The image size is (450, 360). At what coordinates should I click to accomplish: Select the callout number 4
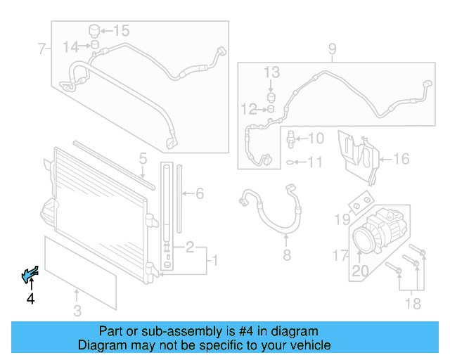[30, 300]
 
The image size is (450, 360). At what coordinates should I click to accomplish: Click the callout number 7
[41, 49]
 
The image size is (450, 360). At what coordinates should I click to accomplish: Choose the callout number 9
[332, 49]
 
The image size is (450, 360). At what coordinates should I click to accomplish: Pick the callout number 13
[271, 72]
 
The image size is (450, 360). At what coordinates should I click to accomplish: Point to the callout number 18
[413, 303]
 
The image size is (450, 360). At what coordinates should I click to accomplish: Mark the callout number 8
[286, 255]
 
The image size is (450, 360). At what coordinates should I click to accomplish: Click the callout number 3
[77, 311]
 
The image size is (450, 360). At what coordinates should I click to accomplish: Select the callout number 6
[199, 193]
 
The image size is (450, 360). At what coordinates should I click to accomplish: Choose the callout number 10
[316, 139]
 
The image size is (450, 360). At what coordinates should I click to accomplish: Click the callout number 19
[341, 220]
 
